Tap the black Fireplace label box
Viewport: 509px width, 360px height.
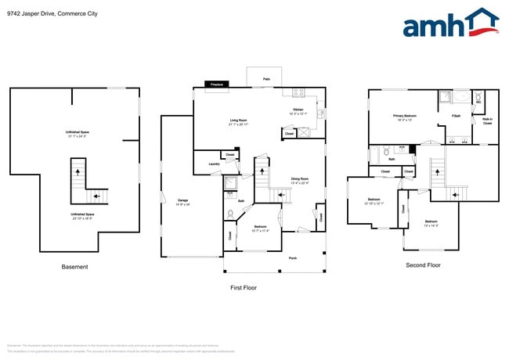coord(217,85)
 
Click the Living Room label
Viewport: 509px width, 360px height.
coord(239,120)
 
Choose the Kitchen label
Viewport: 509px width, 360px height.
coord(298,110)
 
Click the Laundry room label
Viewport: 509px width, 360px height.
coord(214,164)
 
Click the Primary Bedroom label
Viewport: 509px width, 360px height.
coord(404,116)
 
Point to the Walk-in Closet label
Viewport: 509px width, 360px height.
coord(486,121)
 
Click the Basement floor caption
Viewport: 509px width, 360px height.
coord(75,267)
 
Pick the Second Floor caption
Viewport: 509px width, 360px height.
coord(423,265)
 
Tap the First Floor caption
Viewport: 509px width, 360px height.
coord(244,287)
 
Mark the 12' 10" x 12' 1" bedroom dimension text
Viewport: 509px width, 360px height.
coord(372,203)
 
